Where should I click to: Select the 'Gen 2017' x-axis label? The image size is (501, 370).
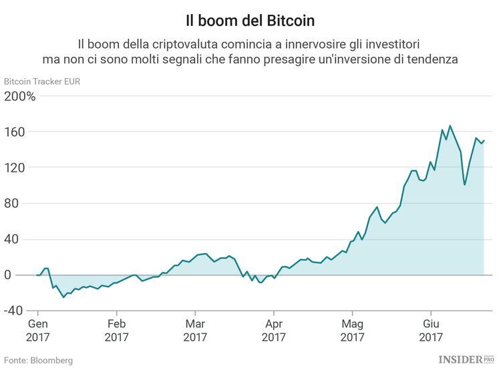click(38, 331)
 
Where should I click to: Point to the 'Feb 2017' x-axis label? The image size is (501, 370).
click(116, 331)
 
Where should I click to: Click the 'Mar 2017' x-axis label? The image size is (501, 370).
click(195, 331)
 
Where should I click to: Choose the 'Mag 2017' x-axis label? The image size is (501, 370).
click(351, 331)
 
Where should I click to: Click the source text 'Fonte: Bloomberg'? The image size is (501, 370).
click(38, 360)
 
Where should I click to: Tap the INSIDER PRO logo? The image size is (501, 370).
click(468, 360)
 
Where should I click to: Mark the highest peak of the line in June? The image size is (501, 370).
click(450, 126)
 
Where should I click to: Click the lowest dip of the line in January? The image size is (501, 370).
click(63, 297)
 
